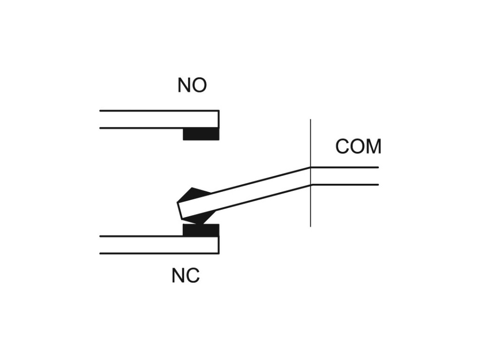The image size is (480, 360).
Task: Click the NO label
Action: coord(192,86)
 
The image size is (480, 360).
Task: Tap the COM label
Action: coord(358,147)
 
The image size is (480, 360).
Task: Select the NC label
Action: coord(186,276)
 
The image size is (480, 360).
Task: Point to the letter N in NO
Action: coord(184,86)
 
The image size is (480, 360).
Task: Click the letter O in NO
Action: coord(199,86)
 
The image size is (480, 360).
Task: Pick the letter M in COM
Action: coord(373,147)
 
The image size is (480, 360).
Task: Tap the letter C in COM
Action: coord(343,147)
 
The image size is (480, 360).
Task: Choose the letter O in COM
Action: coord(358,147)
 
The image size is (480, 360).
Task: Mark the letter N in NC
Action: coord(178,276)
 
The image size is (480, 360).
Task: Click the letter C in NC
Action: coord(193,276)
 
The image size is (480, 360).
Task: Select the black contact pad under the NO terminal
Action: coord(201,134)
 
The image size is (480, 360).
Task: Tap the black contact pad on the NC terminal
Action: coord(201,230)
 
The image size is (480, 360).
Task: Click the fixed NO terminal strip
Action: coord(159,119)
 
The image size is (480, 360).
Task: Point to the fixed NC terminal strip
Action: coord(159,245)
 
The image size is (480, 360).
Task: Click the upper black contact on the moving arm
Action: coord(192,194)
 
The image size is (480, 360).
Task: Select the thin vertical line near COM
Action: coord(310,141)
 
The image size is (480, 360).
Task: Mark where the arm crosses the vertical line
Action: coord(310,176)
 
